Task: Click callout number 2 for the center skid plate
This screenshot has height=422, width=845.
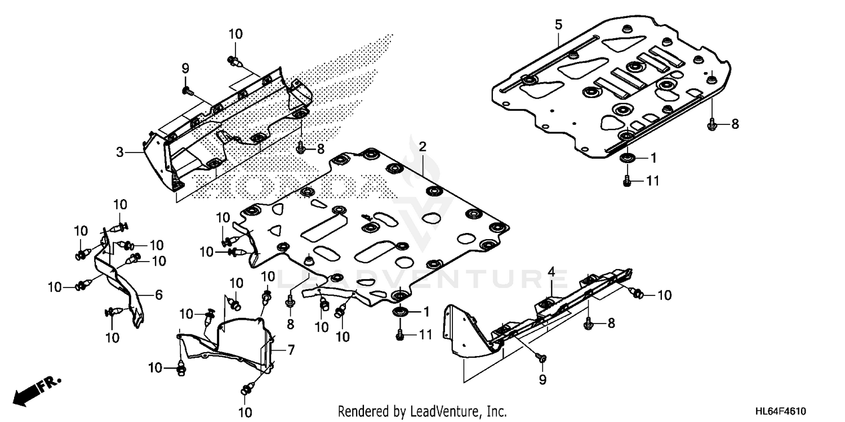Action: coord(422,147)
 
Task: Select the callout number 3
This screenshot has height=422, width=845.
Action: coord(119,152)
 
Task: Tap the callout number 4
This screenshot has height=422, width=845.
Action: coord(552,273)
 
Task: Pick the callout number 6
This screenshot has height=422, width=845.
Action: coord(159,294)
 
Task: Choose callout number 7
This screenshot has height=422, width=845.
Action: coord(291,350)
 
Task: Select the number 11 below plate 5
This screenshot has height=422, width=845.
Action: coord(652,181)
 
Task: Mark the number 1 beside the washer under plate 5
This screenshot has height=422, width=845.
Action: coord(653,159)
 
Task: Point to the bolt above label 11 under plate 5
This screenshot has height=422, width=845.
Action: coord(626,181)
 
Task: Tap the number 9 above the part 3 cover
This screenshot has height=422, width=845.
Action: coord(185,68)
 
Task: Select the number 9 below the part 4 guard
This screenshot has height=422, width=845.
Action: coord(542,381)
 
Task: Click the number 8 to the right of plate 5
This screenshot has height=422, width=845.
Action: coord(735,124)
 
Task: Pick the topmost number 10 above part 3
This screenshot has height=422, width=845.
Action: coord(235,34)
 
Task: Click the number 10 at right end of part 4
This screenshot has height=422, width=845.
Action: coord(664,295)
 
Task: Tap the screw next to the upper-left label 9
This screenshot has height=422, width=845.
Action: coord(187,89)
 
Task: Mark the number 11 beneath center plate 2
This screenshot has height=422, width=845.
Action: coord(425,335)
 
